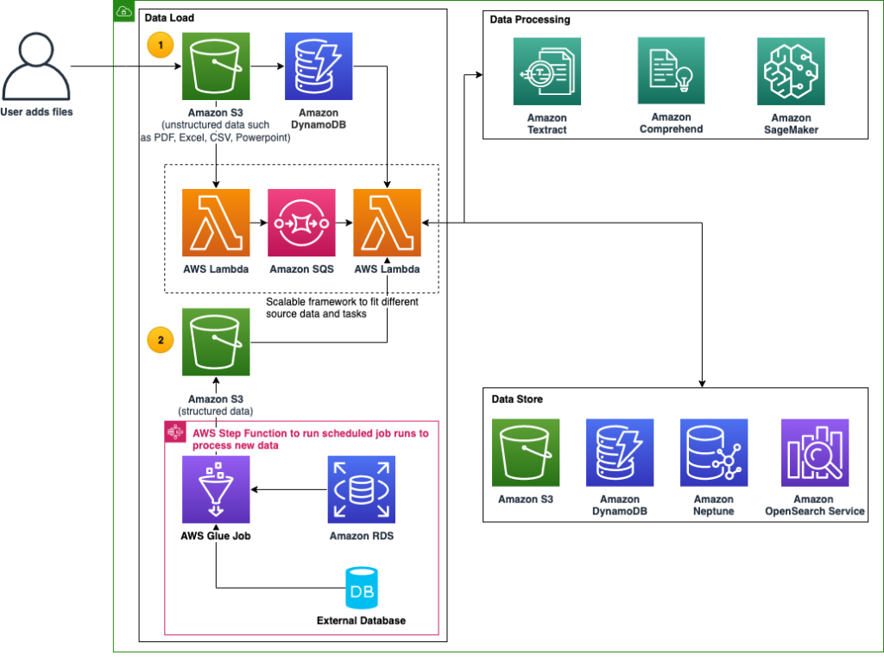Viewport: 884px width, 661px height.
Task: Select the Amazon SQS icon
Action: pos(301,223)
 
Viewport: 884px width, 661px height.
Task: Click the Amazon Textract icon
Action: pos(546,71)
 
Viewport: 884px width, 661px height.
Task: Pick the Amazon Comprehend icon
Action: pos(671,71)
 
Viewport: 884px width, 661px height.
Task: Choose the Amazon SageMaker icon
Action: pos(790,71)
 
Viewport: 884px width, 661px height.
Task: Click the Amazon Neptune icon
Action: pos(713,453)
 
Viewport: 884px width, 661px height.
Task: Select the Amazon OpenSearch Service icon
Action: pos(814,453)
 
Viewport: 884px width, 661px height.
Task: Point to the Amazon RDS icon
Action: pos(361,490)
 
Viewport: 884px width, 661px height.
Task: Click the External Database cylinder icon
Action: pos(361,589)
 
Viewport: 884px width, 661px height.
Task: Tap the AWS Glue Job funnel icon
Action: pos(216,490)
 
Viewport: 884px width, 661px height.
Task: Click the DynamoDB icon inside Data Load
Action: pos(319,66)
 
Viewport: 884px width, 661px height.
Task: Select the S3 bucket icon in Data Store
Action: pos(525,453)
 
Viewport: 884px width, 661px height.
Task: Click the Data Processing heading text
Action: pos(529,19)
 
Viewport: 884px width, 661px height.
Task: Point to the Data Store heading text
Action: pos(516,400)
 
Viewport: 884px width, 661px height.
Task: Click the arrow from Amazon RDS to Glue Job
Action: pos(289,490)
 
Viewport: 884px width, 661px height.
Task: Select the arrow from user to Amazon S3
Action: pos(125,66)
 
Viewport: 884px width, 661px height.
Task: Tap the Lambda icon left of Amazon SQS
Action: pos(216,223)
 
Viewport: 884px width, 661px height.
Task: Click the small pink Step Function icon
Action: pos(171,430)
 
